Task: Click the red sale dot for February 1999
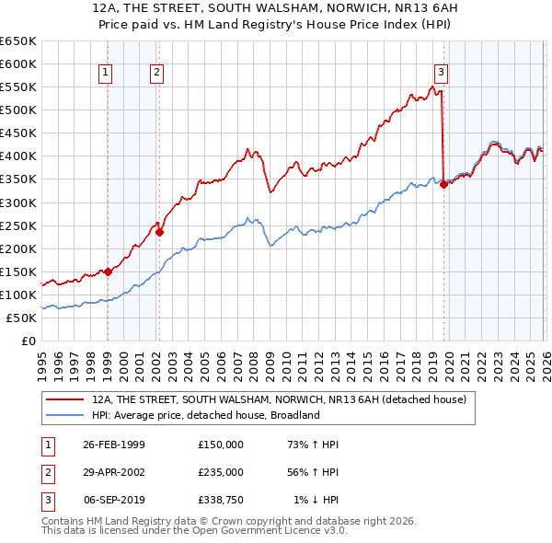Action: coord(108,271)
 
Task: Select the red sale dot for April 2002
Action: coord(159,232)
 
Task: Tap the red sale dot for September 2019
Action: coord(443,184)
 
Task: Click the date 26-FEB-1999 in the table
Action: coord(114,445)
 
